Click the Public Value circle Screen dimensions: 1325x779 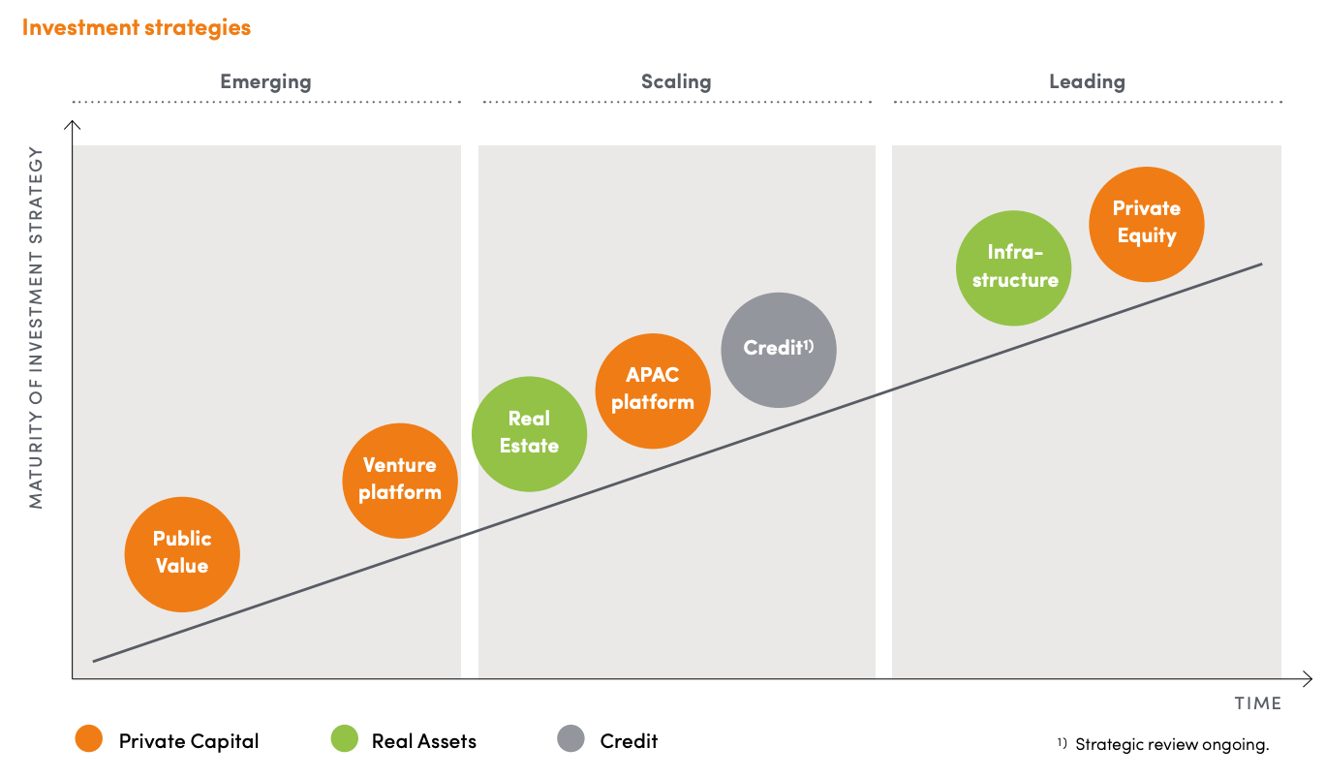tap(182, 554)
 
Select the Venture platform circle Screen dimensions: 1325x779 tap(400, 481)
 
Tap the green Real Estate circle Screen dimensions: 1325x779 tap(530, 434)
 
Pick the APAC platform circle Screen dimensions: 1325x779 tap(653, 390)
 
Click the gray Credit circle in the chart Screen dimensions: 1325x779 tap(779, 350)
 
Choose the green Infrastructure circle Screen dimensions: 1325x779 tap(1014, 267)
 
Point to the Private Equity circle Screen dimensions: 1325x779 tap(1147, 225)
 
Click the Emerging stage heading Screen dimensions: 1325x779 tap(265, 81)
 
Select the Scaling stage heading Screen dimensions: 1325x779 tap(676, 81)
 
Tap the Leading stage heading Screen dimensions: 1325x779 tap(1087, 81)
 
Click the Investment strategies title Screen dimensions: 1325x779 tap(137, 28)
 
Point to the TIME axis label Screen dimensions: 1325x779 tap(1257, 703)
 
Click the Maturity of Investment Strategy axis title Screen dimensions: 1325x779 tap(36, 327)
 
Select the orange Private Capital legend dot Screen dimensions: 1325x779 tap(89, 738)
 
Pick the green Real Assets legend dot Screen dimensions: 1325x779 tap(344, 738)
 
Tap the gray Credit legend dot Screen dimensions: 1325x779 tap(570, 738)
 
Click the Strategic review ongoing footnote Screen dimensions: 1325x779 tap(1163, 744)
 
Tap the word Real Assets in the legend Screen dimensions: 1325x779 tap(424, 741)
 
